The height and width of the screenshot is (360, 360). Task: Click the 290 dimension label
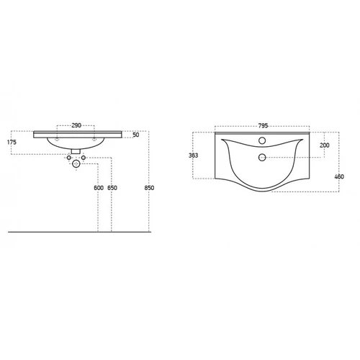pyautogui.click(x=76, y=125)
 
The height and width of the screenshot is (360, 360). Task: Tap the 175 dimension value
pyautogui.click(x=12, y=142)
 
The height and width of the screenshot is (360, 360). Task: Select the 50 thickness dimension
pyautogui.click(x=136, y=135)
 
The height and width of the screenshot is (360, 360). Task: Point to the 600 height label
pyautogui.click(x=99, y=188)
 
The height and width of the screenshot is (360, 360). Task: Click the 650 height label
pyautogui.click(x=112, y=188)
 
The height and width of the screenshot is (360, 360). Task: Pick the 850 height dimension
pyautogui.click(x=149, y=188)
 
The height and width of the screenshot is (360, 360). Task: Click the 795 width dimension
pyautogui.click(x=263, y=125)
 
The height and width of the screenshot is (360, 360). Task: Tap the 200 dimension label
pyautogui.click(x=325, y=145)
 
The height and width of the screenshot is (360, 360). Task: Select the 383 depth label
pyautogui.click(x=193, y=156)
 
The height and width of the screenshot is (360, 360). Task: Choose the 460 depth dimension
pyautogui.click(x=339, y=176)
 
